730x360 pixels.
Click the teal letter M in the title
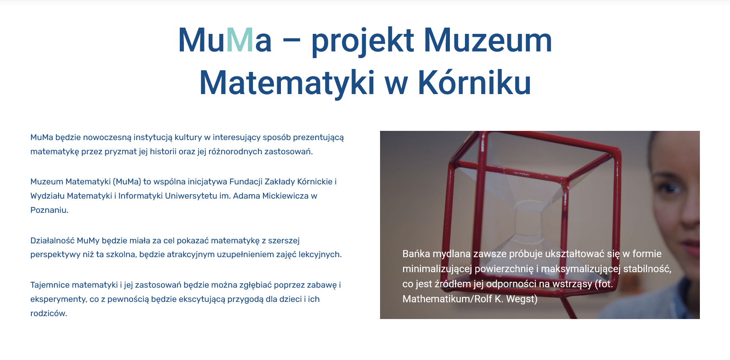tap(240, 41)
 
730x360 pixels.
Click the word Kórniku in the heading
tap(475, 82)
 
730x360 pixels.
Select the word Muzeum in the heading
tap(488, 41)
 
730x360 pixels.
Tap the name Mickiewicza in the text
tap(285, 196)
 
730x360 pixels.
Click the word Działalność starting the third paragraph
tap(52, 240)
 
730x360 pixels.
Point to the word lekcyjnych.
tap(320, 254)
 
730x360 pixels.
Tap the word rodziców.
tap(48, 313)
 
